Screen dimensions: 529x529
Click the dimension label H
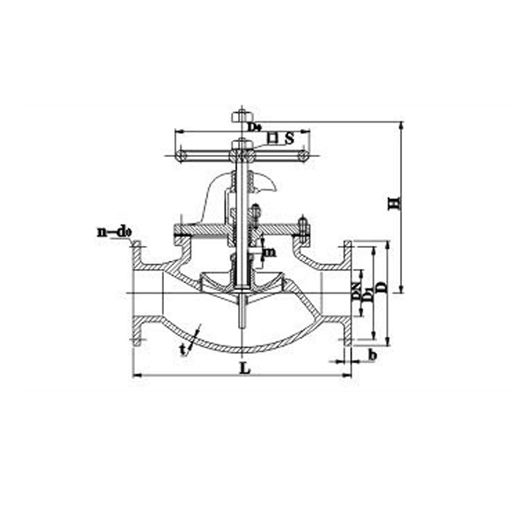[x=395, y=204]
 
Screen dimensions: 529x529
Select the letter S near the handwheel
[x=288, y=138]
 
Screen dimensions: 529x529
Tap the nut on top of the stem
[x=239, y=115]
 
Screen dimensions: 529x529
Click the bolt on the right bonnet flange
[x=302, y=232]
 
